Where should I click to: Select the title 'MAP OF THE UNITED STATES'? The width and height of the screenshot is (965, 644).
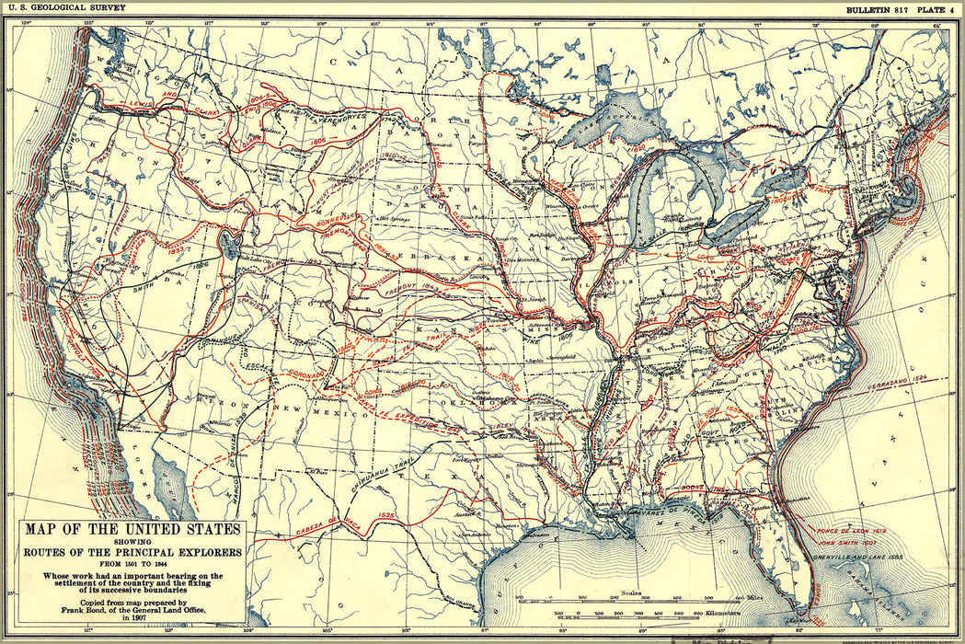pyautogui.click(x=132, y=529)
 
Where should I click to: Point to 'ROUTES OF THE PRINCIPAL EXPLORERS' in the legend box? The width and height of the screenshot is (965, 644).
pyautogui.click(x=132, y=553)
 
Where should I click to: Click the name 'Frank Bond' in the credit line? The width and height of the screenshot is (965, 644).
pyautogui.click(x=109, y=613)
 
